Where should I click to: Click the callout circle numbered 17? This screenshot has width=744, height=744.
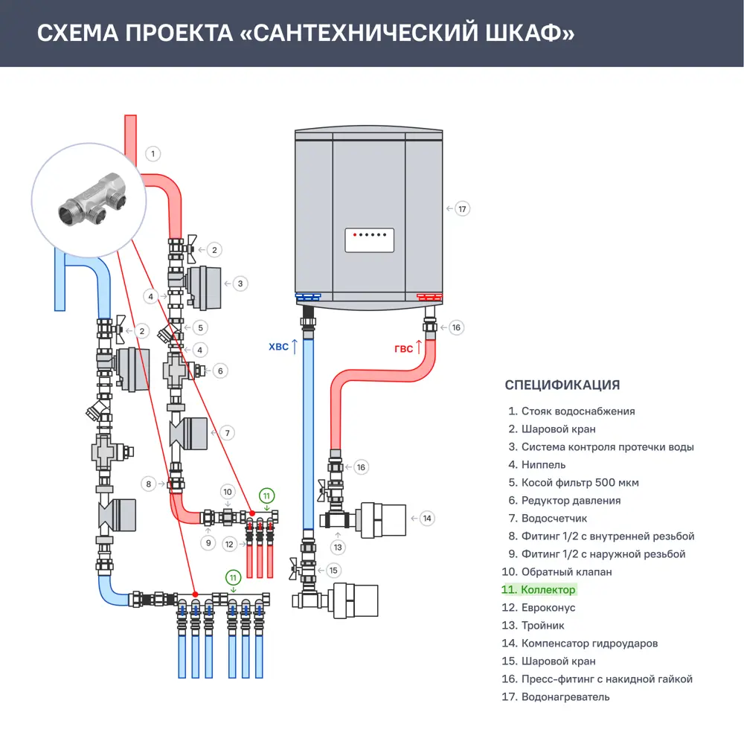(x=462, y=209)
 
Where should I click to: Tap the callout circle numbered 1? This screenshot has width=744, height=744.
(x=152, y=154)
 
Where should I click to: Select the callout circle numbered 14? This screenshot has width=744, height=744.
(x=426, y=518)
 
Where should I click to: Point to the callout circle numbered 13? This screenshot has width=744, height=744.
(x=339, y=548)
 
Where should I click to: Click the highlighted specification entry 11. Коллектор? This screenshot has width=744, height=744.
(x=539, y=590)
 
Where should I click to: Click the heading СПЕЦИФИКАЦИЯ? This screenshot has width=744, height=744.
(x=562, y=385)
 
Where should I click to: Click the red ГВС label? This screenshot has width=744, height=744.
(x=403, y=347)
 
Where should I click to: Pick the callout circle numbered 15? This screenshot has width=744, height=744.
(x=333, y=571)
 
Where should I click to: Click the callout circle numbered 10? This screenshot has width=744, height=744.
(x=228, y=492)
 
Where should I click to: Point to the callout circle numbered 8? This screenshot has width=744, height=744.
(x=150, y=484)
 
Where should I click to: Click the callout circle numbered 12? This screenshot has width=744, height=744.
(x=230, y=545)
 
